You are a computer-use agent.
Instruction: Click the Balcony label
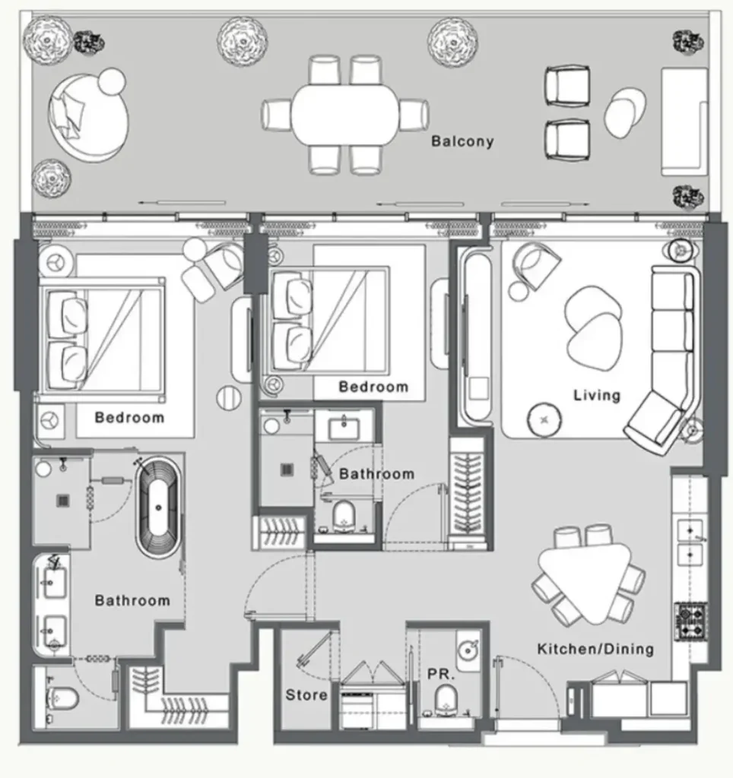462,141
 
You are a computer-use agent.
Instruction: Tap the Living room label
597,395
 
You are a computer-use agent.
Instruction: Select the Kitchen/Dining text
595,649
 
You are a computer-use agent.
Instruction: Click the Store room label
306,694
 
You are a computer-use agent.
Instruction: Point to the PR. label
441,675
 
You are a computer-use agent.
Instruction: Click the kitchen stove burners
690,621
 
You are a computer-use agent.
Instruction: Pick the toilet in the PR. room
446,700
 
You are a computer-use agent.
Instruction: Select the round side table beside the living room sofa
544,419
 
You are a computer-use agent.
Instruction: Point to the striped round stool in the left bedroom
230,398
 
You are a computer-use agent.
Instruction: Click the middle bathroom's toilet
344,515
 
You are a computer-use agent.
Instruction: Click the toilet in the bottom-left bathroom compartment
62,700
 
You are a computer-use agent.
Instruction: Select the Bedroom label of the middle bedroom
373,387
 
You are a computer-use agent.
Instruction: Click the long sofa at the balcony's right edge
684,122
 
